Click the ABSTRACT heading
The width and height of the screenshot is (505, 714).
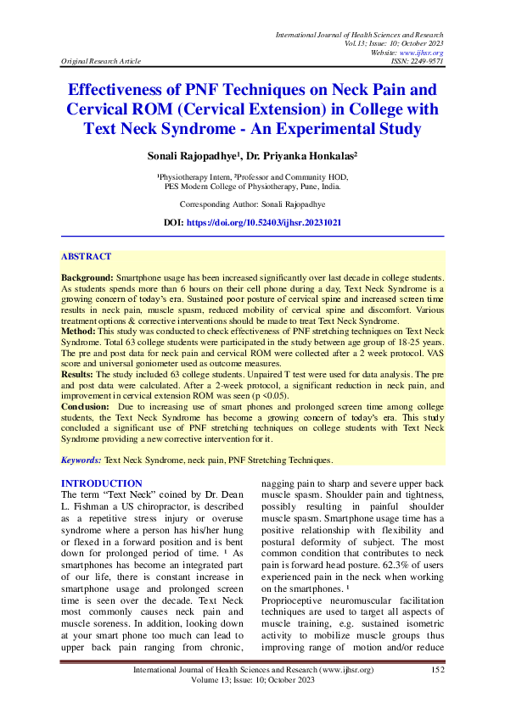[86, 256]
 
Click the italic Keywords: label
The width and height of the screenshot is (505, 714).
[81, 459]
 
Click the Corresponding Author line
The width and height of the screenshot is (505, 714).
[252, 204]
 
